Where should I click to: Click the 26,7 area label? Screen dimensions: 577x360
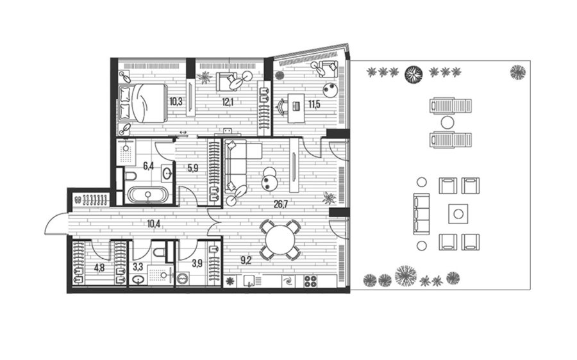click(280, 205)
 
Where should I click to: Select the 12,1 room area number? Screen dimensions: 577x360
click(228, 102)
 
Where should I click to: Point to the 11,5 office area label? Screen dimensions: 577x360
click(314, 104)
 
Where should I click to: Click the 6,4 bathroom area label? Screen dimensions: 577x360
click(148, 166)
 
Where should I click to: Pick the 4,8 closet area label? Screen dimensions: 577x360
click(99, 268)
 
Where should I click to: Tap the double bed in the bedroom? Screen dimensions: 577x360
click(142, 102)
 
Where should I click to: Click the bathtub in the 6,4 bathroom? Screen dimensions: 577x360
click(148, 195)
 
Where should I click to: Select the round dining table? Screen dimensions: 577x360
click(280, 240)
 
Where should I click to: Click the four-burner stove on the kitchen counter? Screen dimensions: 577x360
click(310, 281)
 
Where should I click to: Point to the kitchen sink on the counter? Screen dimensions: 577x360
click(250, 281)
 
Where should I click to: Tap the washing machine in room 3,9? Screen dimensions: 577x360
click(183, 279)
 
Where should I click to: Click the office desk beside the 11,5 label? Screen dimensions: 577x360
click(297, 108)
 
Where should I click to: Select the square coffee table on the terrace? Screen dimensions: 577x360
click(458, 214)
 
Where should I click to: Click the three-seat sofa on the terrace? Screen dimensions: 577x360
click(421, 214)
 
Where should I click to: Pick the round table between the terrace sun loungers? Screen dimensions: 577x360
click(447, 122)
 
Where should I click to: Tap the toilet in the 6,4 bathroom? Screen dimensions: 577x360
click(130, 176)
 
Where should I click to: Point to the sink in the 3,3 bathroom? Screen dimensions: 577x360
click(138, 280)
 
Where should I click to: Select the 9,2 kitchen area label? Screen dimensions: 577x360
click(246, 261)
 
